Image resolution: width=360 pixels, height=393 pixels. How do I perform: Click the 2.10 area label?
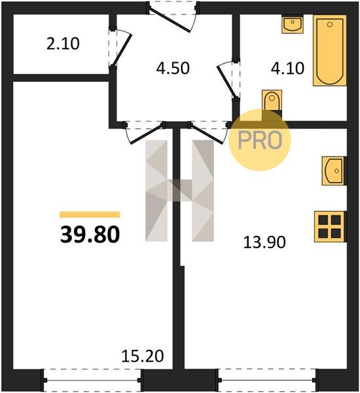pyautogui.click(x=63, y=44)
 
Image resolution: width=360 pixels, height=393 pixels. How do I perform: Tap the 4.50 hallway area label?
pyautogui.click(x=173, y=68)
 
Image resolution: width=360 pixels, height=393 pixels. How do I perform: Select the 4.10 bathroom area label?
pyautogui.click(x=287, y=68)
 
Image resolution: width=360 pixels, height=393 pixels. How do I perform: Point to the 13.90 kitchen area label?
pyautogui.click(x=264, y=242)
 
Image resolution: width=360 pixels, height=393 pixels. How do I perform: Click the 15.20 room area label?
pyautogui.click(x=143, y=356)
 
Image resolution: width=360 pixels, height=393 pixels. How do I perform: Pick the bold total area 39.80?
pyautogui.click(x=90, y=234)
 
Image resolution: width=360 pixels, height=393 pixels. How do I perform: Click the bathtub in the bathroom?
pyautogui.click(x=330, y=50)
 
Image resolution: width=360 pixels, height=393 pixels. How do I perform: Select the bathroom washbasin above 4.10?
pyautogui.click(x=293, y=24)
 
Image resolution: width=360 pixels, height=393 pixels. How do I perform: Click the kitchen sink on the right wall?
pyautogui.click(x=334, y=171)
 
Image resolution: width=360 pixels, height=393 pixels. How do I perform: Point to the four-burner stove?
pyautogui.click(x=330, y=227)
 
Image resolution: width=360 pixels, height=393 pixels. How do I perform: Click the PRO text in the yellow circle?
pyautogui.click(x=260, y=140)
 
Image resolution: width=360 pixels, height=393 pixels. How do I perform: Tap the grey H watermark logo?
pyautogui.click(x=179, y=191)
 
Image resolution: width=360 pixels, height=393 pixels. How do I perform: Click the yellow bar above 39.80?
pyautogui.click(x=90, y=215)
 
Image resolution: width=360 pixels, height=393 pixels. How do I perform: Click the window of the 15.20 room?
pyautogui.click(x=92, y=380)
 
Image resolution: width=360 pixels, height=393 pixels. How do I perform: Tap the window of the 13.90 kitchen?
pyautogui.click(x=267, y=380)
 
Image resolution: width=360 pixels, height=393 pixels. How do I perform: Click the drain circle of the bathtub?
pyautogui.click(x=330, y=24)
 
